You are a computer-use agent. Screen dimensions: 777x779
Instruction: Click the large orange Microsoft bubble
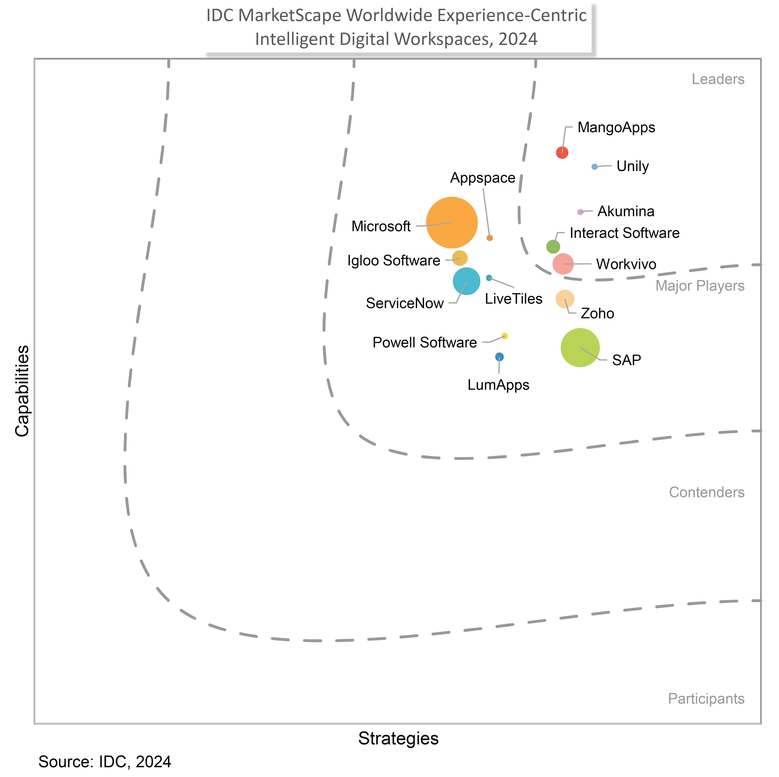[452, 223]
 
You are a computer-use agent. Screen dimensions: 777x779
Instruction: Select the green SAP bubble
[580, 348]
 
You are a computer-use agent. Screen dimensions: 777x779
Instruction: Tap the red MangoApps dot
[562, 153]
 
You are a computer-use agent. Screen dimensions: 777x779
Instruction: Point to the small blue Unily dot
[594, 167]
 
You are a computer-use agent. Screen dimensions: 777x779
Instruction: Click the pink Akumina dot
[580, 212]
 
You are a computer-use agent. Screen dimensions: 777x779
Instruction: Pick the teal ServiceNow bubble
[467, 281]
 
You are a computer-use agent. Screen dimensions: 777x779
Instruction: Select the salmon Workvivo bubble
[563, 264]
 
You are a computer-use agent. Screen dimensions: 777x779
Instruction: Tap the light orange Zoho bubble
[565, 299]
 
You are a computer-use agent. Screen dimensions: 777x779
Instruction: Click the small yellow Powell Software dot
[504, 336]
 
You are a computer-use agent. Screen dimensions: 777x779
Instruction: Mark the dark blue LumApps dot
[499, 357]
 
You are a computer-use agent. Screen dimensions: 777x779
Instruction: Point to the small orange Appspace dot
[489, 238]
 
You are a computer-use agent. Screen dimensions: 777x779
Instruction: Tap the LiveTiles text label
[513, 299]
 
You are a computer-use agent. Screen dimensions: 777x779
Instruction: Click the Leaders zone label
[718, 79]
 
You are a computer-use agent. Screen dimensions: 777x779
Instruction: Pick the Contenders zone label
[706, 492]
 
